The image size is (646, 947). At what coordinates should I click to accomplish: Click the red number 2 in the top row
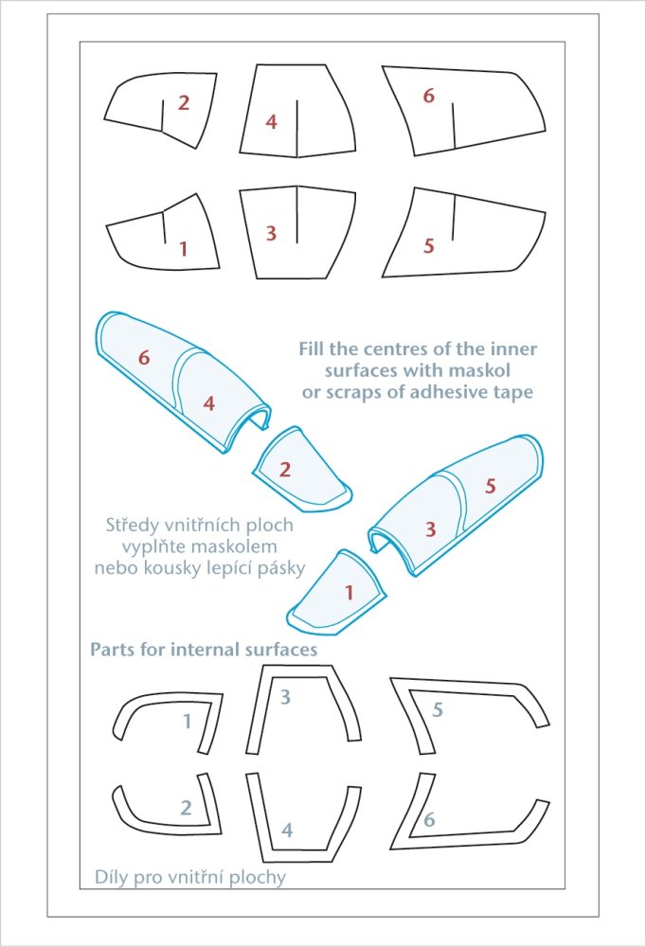pyautogui.click(x=184, y=102)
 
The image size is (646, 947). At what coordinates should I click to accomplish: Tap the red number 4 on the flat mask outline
pyautogui.click(x=271, y=121)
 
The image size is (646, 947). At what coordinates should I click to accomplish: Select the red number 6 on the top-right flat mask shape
pyautogui.click(x=428, y=96)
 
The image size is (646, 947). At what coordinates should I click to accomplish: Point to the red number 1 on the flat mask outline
pyautogui.click(x=184, y=248)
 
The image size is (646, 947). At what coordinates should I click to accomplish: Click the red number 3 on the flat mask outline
pyautogui.click(x=271, y=233)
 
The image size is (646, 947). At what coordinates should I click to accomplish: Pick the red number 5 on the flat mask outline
pyautogui.click(x=429, y=245)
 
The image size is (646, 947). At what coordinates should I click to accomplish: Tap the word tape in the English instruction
pyautogui.click(x=512, y=392)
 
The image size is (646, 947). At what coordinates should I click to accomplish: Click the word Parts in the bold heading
pyautogui.click(x=112, y=650)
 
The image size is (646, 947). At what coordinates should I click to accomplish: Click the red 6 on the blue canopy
pyautogui.click(x=144, y=358)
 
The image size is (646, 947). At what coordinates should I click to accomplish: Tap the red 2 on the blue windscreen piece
pyautogui.click(x=284, y=469)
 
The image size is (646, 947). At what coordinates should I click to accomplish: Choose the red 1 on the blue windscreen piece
pyautogui.click(x=349, y=593)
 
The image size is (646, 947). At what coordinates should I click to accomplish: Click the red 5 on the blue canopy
pyautogui.click(x=490, y=485)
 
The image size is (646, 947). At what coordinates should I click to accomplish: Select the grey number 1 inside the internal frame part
pyautogui.click(x=188, y=721)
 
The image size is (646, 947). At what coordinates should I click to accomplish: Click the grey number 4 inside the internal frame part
pyautogui.click(x=288, y=830)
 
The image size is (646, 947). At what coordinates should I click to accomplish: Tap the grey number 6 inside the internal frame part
pyautogui.click(x=429, y=819)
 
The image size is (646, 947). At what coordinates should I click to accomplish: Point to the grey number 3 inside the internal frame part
pyautogui.click(x=285, y=697)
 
